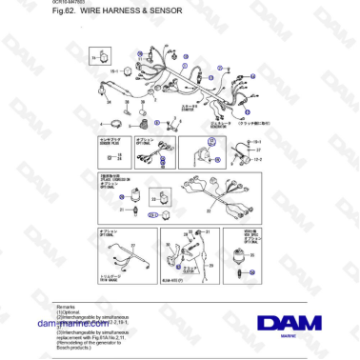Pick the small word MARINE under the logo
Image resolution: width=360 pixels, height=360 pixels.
[289, 337]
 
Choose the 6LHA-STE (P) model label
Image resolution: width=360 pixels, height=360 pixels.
[171, 282]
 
